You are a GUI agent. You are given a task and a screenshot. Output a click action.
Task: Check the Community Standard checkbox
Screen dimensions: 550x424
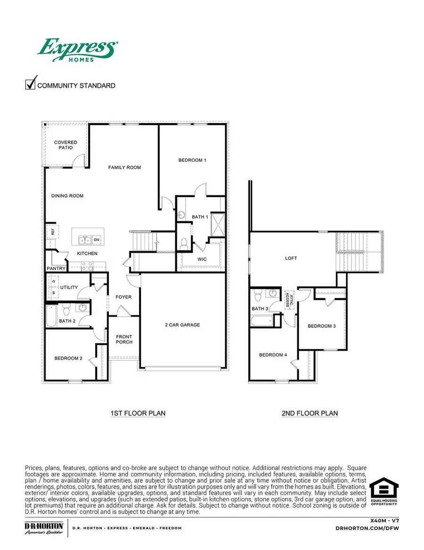coord(31,84)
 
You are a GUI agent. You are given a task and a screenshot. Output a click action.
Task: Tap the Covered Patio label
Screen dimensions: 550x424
coord(65,145)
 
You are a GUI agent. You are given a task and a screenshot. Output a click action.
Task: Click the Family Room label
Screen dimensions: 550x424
coord(124,167)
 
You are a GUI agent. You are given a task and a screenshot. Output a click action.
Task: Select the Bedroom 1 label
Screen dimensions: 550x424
coord(192,160)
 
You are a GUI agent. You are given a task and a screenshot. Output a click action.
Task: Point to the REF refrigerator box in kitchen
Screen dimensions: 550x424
coord(53,232)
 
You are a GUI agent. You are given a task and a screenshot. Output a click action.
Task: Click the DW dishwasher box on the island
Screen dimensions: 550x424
coord(97,240)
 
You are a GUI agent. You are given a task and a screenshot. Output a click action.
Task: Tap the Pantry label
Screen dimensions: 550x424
coord(56,268)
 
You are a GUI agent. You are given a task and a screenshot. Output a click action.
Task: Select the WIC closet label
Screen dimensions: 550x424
coord(202,259)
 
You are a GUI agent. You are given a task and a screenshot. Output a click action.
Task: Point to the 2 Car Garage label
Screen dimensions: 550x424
coord(182,325)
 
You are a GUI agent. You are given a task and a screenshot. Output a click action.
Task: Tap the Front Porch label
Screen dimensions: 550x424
coord(124,339)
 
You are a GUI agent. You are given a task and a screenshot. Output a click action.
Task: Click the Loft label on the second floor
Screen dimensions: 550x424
coord(291,258)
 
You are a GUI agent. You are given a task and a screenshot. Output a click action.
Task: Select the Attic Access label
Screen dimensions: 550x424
coord(287,300)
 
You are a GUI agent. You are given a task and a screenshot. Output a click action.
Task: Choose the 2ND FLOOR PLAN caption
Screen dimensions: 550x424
coord(310,413)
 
